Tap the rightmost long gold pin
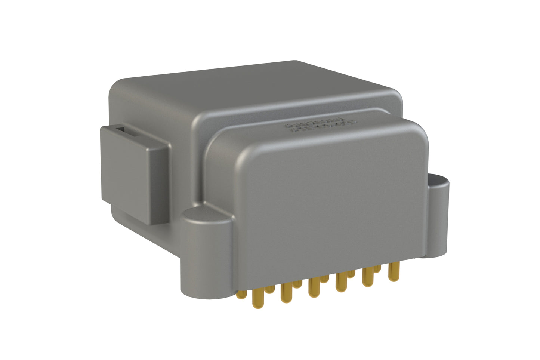pyautogui.click(x=392, y=271)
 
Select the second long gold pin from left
pyautogui.click(x=285, y=293)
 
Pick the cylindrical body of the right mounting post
pyautogui.click(x=438, y=221)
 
